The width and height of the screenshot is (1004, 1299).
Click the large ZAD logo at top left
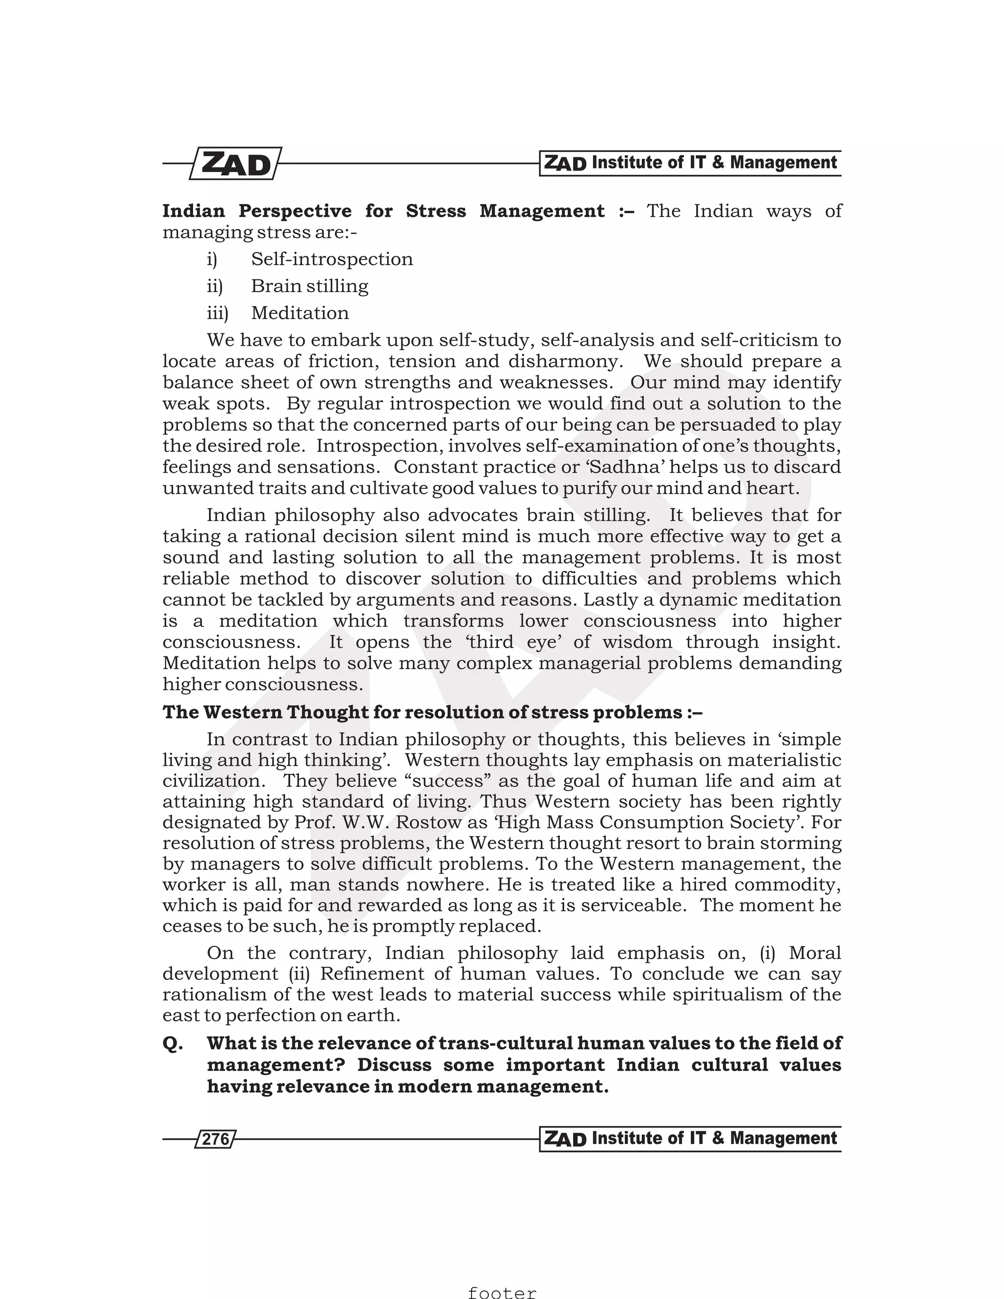click(235, 164)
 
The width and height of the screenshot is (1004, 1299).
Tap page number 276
click(215, 1139)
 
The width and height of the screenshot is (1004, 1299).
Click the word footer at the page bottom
click(502, 1292)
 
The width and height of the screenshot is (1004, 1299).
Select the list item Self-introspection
click(332, 259)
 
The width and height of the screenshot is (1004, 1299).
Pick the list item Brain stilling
click(309, 286)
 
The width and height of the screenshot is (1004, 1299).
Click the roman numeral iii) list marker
click(217, 313)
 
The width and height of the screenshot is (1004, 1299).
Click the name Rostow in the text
click(429, 823)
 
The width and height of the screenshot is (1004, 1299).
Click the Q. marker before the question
click(173, 1044)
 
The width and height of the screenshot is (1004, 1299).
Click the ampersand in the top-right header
click(717, 162)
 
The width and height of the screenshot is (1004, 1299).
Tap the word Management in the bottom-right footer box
click(783, 1138)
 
